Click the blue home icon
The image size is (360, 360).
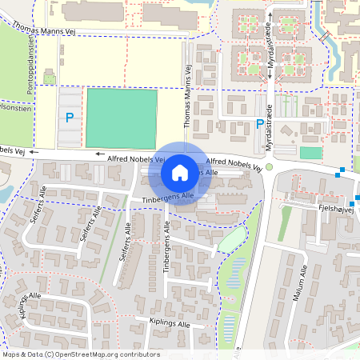click(180, 172)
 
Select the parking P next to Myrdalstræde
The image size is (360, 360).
click(259, 124)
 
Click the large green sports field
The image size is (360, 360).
click(122, 118)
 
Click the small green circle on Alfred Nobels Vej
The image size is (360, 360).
click(270, 167)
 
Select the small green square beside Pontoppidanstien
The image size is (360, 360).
click(50, 78)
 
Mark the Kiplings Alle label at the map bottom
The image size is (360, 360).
click(170, 324)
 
